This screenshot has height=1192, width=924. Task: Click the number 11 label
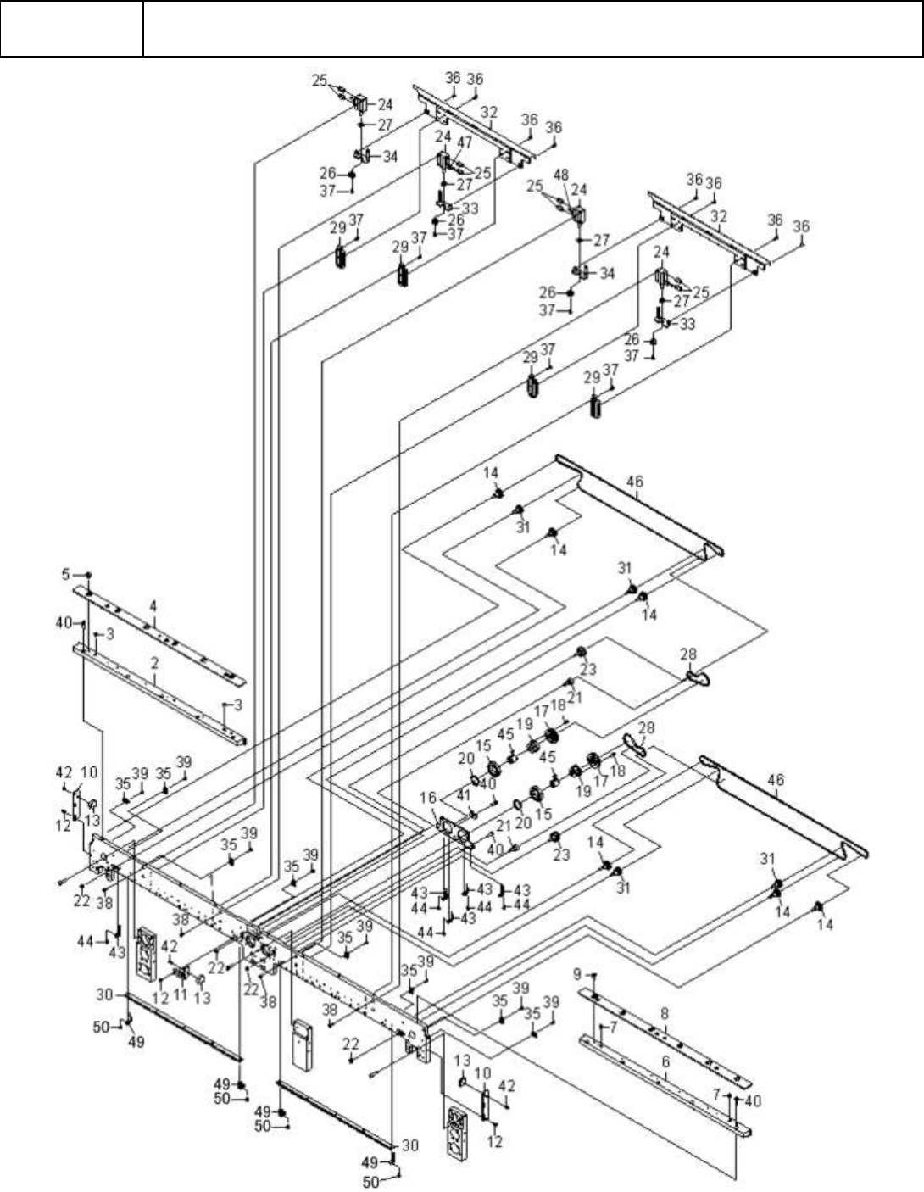(x=180, y=993)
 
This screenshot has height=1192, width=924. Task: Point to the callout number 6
(x=665, y=1060)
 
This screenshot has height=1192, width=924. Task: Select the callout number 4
(x=153, y=607)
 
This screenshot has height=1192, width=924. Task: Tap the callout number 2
(x=155, y=666)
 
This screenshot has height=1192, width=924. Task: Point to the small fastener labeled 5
(x=88, y=575)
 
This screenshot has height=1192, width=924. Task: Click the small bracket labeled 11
(x=181, y=973)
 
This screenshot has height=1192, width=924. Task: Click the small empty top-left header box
(x=71, y=29)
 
